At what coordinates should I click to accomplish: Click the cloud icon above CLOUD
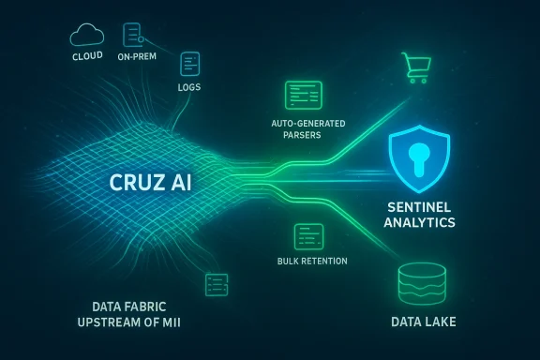click(x=86, y=36)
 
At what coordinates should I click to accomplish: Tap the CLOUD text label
click(x=86, y=56)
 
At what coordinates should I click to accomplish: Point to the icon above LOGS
click(x=191, y=65)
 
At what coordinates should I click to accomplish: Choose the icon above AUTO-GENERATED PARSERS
click(x=304, y=94)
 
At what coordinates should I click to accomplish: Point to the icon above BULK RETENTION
click(x=307, y=234)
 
